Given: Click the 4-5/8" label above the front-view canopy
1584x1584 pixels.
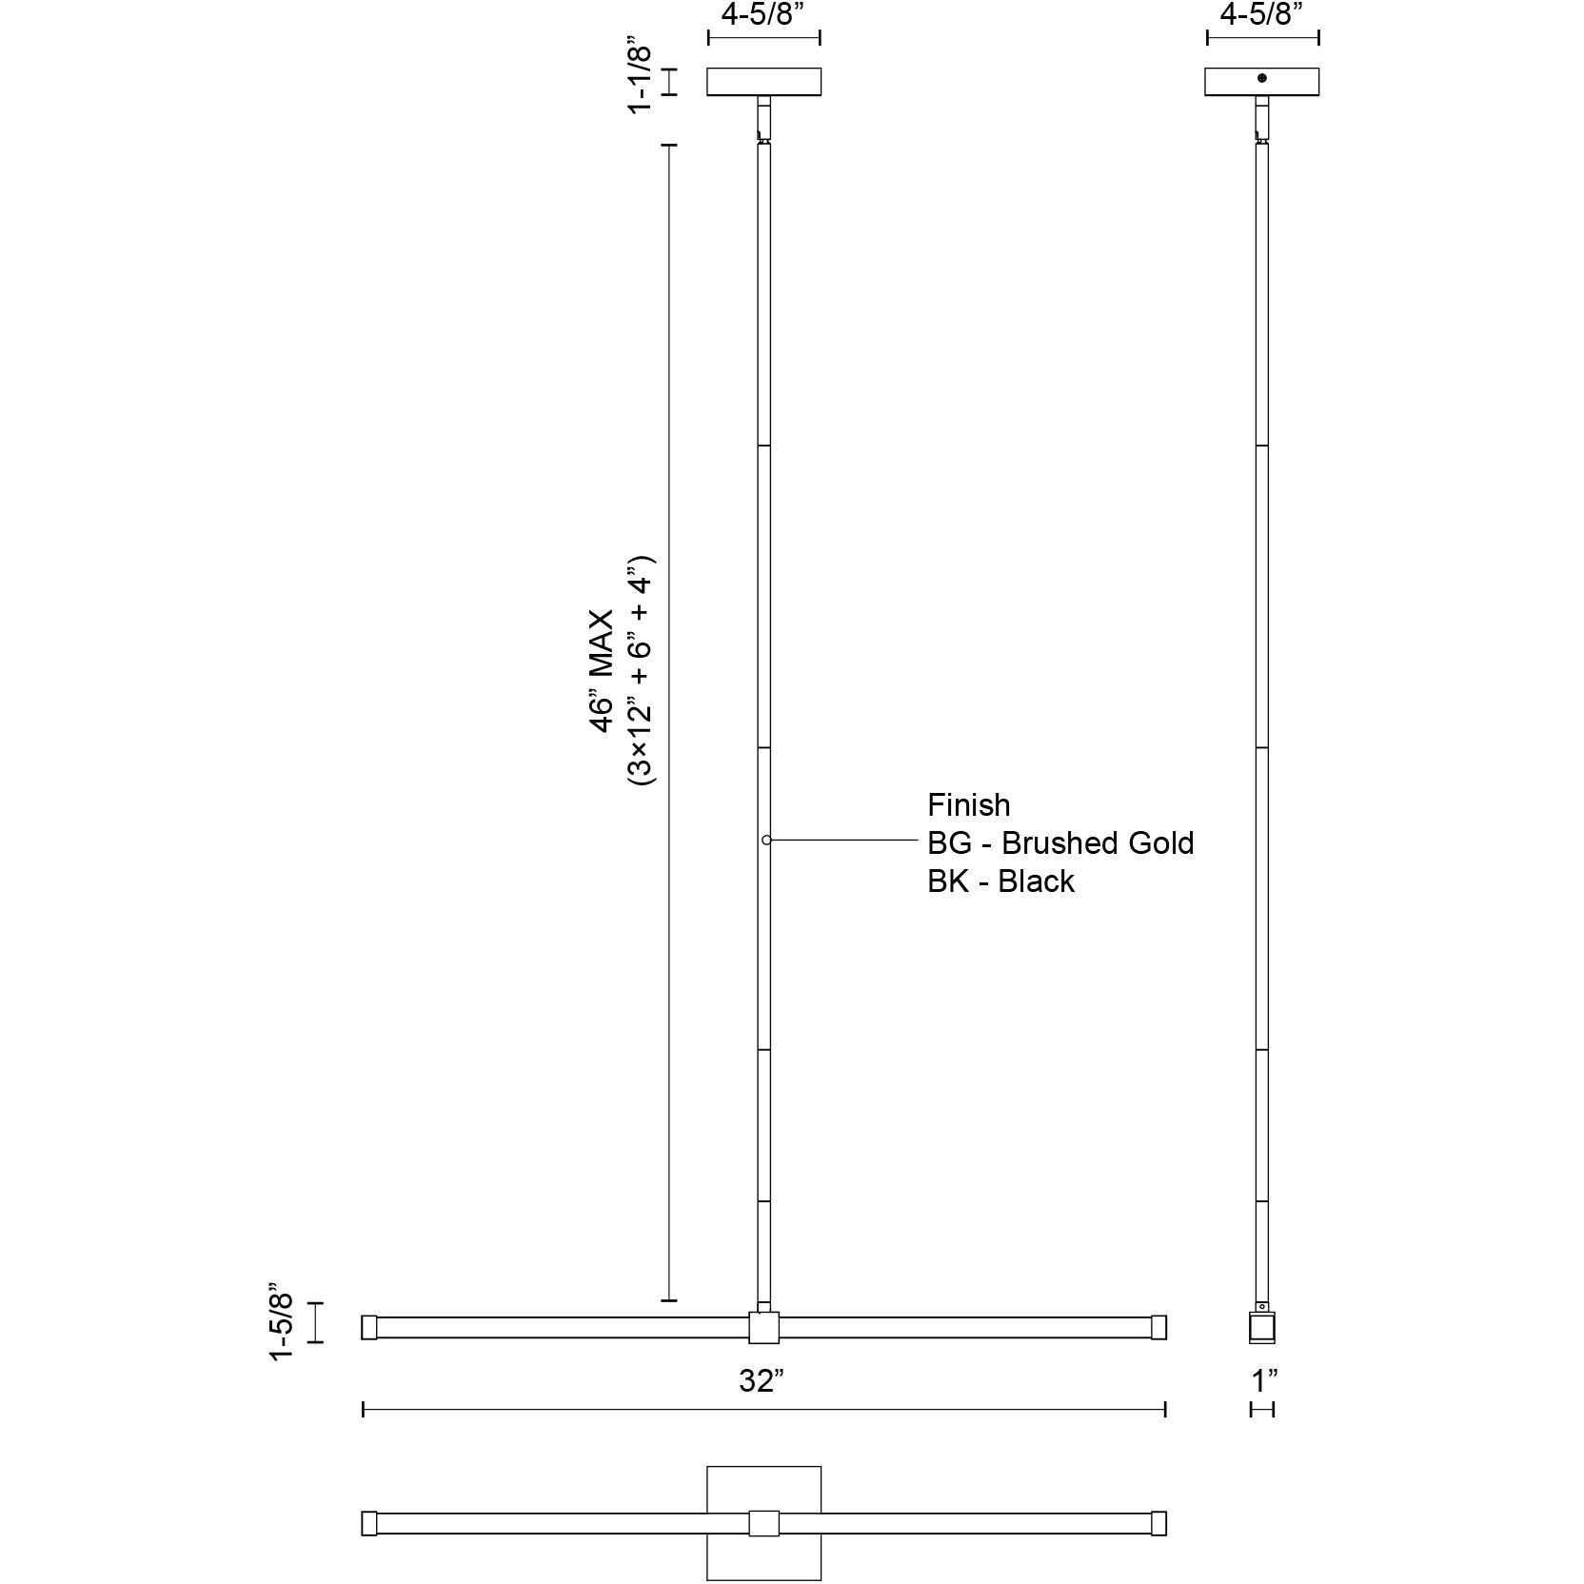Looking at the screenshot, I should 763,16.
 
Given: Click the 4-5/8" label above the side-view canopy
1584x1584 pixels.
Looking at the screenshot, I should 1262,16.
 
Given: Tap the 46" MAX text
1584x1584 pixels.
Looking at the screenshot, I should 603,672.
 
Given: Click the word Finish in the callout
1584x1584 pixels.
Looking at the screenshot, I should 968,805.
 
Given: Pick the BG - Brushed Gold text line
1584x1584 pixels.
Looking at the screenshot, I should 1059,843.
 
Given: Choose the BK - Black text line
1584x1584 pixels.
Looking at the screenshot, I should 1000,881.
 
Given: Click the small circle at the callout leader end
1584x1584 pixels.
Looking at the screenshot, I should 766,841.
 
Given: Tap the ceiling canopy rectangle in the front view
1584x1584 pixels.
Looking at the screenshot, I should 763,82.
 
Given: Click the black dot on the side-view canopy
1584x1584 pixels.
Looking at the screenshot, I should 1262,78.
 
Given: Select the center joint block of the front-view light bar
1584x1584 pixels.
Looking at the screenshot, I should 763,1327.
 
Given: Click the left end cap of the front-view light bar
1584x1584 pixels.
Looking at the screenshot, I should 369,1327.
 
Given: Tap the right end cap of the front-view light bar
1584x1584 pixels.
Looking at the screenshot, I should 1158,1327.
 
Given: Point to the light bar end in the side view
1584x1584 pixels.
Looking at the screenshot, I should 1262,1328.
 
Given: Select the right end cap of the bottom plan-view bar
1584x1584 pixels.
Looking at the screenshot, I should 1158,1523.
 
